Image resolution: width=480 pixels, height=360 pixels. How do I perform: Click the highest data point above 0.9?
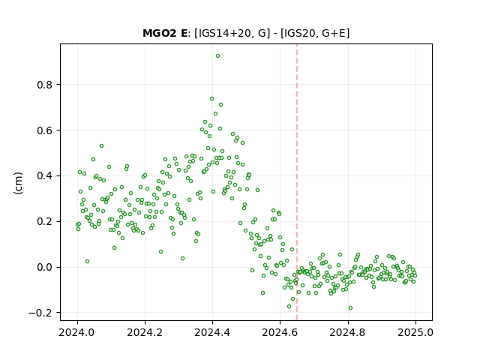[x=217, y=56]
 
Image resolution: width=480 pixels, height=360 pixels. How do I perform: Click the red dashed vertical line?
[x=297, y=182]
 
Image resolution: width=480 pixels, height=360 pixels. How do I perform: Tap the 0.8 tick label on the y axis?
[x=44, y=85]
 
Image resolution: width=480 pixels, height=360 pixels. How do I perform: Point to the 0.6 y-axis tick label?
[x=44, y=130]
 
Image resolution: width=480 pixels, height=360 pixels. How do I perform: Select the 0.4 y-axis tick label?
[x=44, y=176]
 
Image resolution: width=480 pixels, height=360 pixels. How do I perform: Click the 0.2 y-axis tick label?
[x=44, y=222]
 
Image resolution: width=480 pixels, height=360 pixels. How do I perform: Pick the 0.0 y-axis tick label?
[x=44, y=267]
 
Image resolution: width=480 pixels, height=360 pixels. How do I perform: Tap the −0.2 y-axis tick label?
[x=40, y=313]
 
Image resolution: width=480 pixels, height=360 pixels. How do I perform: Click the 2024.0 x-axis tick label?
[x=77, y=332]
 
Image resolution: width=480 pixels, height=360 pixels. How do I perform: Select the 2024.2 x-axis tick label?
[x=145, y=332]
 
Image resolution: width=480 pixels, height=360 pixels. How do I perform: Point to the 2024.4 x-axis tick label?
[x=212, y=332]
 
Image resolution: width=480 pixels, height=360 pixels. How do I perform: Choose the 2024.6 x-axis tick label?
[x=280, y=332]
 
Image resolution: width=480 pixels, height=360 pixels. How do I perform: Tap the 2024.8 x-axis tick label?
[x=348, y=332]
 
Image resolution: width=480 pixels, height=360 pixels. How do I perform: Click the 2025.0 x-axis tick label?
[x=415, y=332]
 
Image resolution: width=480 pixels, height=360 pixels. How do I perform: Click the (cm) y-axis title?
[x=18, y=183]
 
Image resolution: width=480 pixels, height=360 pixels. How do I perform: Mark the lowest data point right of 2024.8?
[x=350, y=308]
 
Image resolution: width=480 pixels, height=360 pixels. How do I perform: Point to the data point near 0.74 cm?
[x=211, y=99]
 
